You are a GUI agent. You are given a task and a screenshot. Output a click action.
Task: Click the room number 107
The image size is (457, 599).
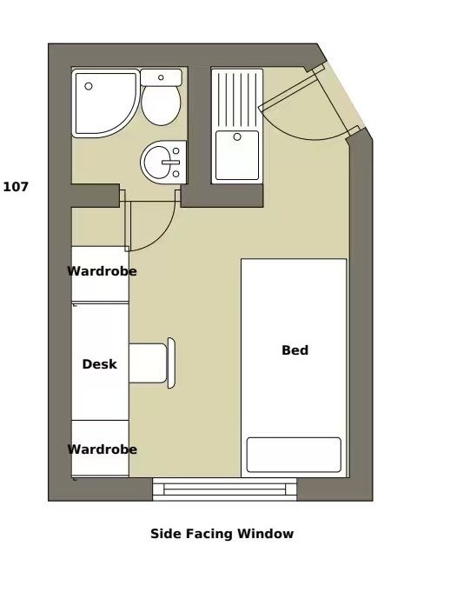pos(17,186)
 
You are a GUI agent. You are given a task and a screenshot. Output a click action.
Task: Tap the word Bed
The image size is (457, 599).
pos(295,350)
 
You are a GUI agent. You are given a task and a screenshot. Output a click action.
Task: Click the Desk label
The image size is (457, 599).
pos(99,364)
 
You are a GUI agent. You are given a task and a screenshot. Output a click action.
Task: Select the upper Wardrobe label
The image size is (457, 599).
pos(102,271)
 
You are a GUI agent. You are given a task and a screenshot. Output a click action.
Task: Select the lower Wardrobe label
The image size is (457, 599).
pos(102,449)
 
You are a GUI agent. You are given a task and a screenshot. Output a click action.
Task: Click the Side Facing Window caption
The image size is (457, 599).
pos(222,534)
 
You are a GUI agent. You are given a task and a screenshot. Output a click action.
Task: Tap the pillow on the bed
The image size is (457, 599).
pos(294,454)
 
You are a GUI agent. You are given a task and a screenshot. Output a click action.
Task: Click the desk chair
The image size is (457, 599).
pos(149,363)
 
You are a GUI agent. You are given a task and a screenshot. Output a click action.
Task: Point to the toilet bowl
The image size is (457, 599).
pos(161,105)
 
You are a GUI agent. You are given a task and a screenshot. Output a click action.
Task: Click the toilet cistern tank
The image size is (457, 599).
pos(161,78)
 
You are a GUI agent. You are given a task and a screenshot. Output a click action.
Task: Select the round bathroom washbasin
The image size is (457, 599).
pos(162,162)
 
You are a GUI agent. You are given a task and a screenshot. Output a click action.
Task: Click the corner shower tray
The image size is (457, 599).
pos(103,102)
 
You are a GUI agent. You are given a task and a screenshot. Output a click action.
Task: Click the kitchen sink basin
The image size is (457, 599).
pos(237,155)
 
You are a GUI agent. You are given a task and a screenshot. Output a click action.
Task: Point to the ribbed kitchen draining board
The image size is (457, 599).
pos(237,98)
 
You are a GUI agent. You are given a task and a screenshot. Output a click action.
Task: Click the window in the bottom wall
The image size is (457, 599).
pos(225,489)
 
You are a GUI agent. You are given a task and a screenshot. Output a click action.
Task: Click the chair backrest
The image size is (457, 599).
pos(172,363)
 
